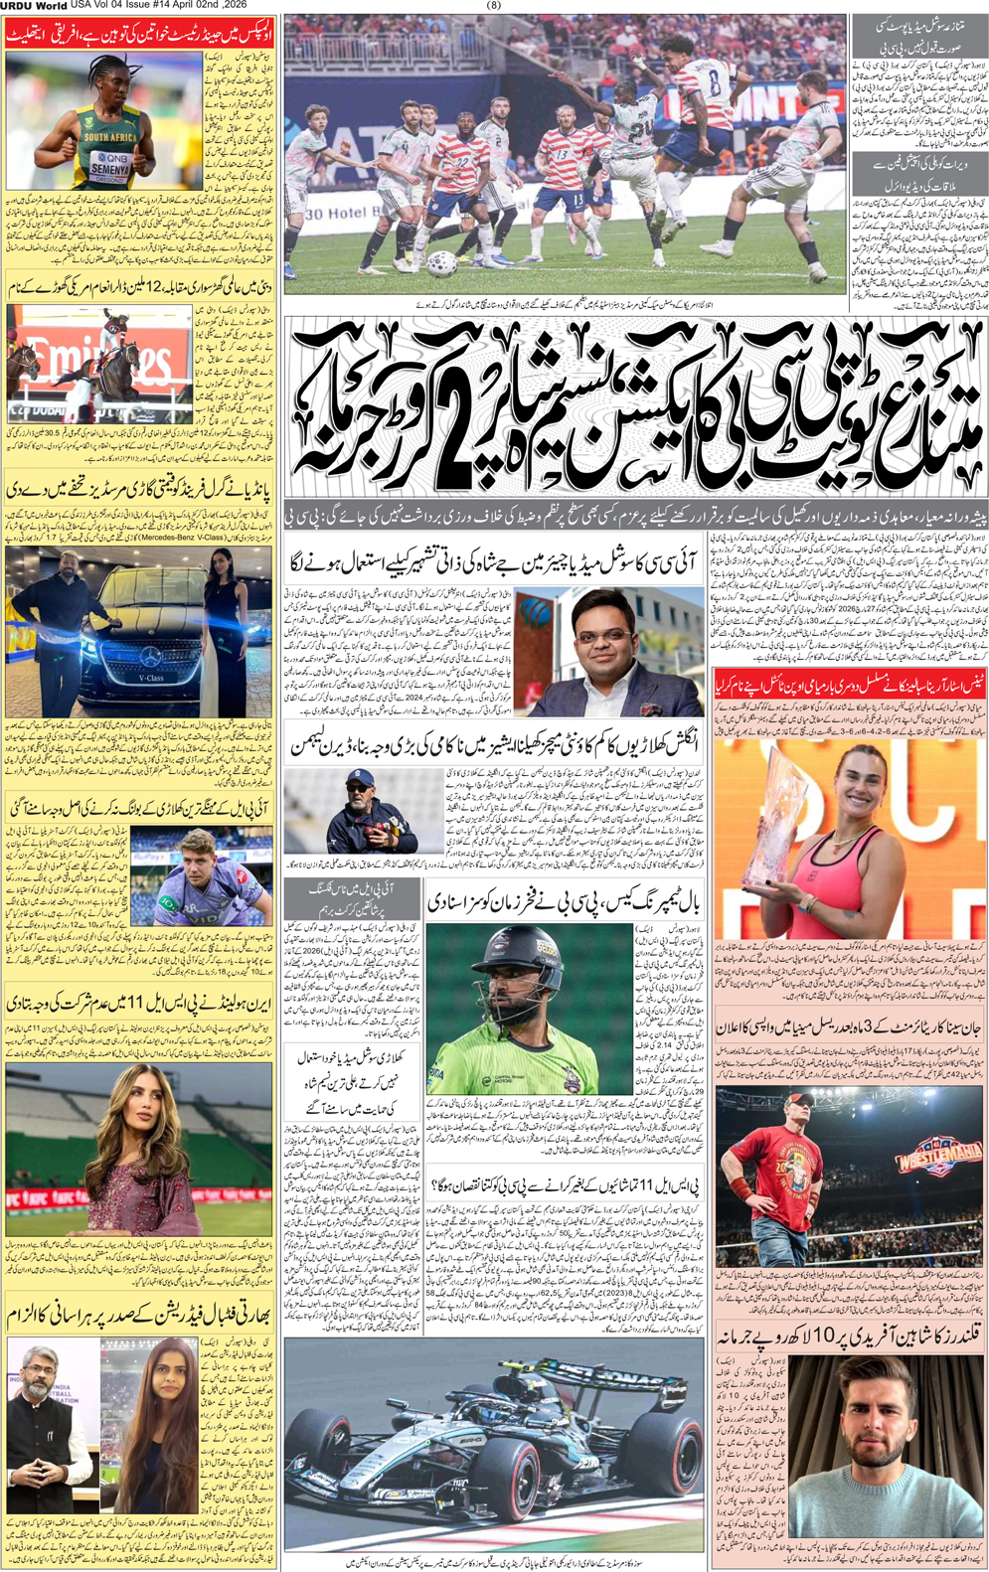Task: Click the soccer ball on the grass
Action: (x=441, y=263)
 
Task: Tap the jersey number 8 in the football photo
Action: (x=712, y=82)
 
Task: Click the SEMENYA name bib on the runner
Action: (x=110, y=170)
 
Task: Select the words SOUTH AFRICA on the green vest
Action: (x=110, y=137)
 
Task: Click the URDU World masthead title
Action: (x=34, y=6)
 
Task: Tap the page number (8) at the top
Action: (x=494, y=5)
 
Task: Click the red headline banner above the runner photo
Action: (x=138, y=37)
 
